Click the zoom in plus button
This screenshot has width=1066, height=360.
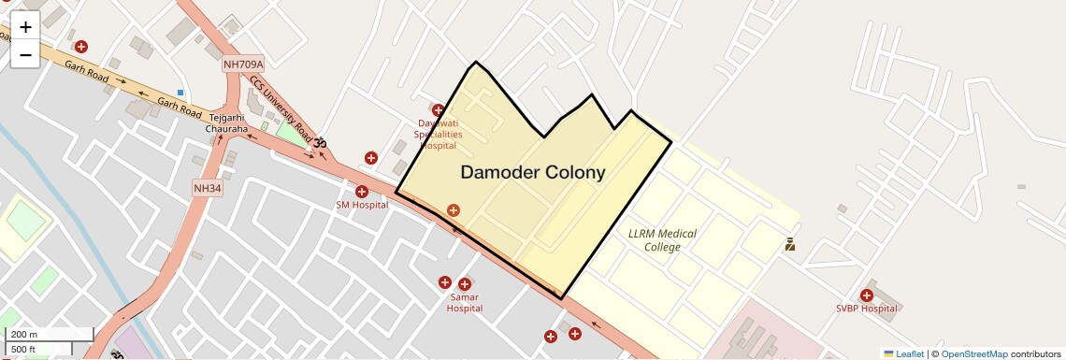[x=25, y=27]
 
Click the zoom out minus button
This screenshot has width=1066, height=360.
[x=25, y=55]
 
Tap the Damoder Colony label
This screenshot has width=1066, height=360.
[x=532, y=173]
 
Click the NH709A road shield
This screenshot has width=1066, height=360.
[x=243, y=65]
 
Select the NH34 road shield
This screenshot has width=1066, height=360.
[x=208, y=188]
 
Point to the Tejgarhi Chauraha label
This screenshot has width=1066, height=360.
[x=227, y=122]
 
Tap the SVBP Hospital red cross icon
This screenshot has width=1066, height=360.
[x=867, y=295]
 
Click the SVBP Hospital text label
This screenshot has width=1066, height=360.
[x=866, y=309]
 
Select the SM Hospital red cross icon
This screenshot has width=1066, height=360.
[x=362, y=192]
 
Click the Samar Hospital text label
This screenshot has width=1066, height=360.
[x=465, y=302]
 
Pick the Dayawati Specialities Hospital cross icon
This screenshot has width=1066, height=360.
[x=438, y=110]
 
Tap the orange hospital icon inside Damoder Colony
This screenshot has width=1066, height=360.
[x=454, y=211]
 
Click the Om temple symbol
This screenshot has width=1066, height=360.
[x=319, y=143]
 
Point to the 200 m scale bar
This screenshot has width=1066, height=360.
[x=49, y=335]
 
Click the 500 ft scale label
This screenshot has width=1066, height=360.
[x=24, y=350]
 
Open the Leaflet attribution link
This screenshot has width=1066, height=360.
[x=910, y=353]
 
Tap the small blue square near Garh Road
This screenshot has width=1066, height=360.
[x=180, y=93]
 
